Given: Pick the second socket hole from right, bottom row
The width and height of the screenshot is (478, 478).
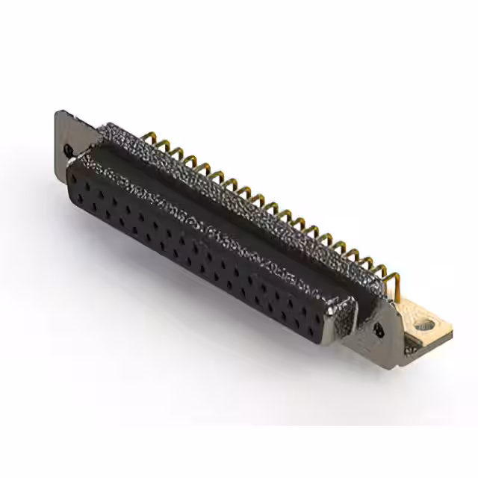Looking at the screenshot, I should click(297, 322).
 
